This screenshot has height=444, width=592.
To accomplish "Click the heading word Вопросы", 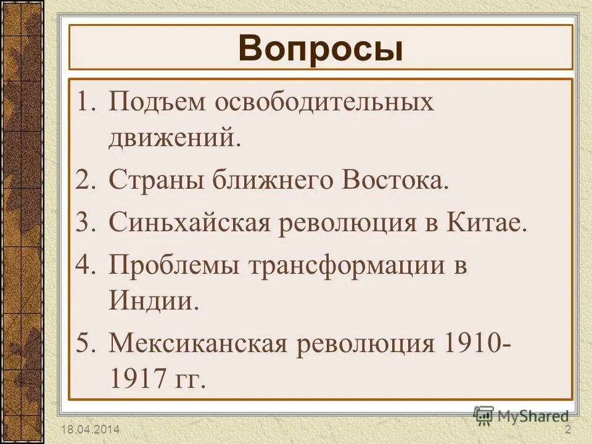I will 320,49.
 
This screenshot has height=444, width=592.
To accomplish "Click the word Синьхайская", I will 191,222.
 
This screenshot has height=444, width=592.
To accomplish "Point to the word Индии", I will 154,301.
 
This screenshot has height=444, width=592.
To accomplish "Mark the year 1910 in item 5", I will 469,342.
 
